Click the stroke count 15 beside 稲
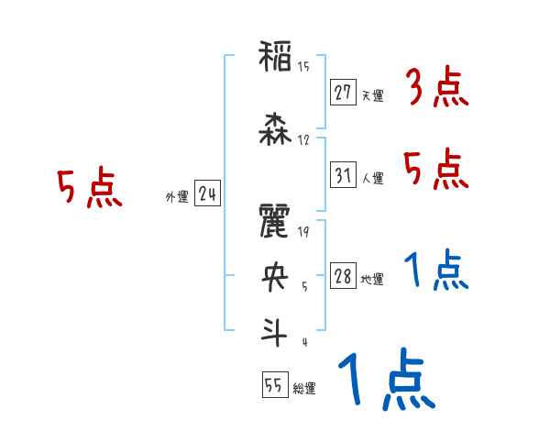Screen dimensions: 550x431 click(x=303, y=67)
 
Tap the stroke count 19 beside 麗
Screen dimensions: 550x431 click(x=303, y=232)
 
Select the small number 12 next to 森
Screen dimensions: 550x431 click(x=303, y=140)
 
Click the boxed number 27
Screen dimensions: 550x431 click(x=343, y=93)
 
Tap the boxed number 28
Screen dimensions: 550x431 click(x=343, y=276)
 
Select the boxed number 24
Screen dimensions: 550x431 click(x=207, y=193)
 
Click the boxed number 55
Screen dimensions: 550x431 click(x=272, y=385)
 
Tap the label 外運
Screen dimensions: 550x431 click(x=176, y=195)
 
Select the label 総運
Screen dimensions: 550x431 click(x=304, y=389)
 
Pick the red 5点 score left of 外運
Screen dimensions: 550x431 click(x=90, y=190)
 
